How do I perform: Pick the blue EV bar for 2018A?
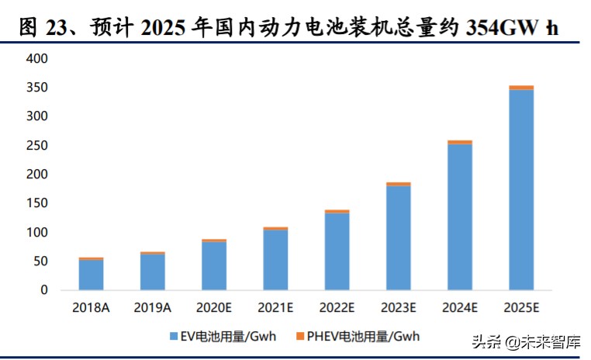[91, 275]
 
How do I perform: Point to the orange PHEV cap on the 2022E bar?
[337, 211]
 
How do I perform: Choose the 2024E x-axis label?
[460, 307]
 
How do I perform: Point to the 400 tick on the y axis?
[36, 59]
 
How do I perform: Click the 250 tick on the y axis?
[36, 146]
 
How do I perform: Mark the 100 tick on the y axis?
[36, 233]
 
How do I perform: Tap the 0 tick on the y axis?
[44, 290]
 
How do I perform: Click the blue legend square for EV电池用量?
[174, 336]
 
